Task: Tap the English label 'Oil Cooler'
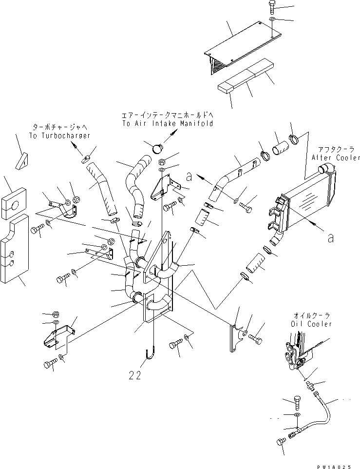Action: (313, 324)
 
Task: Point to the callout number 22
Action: (136, 375)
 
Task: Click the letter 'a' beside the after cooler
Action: (331, 238)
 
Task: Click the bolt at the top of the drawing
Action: (272, 8)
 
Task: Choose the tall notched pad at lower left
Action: (17, 251)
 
